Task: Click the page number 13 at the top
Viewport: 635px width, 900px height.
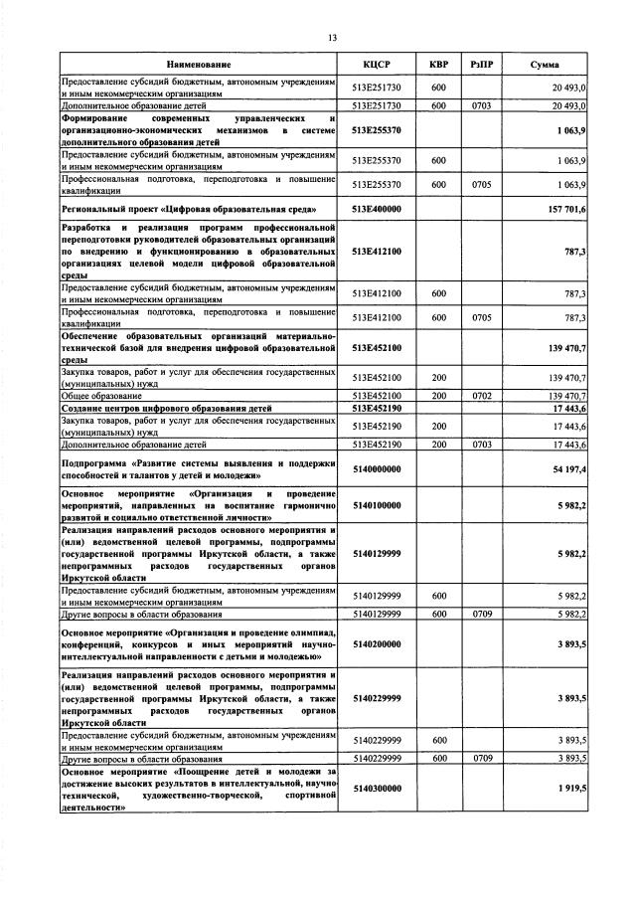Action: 332,38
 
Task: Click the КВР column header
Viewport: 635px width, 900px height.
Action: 438,64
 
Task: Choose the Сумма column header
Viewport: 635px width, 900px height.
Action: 544,64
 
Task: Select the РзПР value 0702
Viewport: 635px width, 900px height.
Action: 482,395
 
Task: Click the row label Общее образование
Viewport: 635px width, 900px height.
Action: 102,395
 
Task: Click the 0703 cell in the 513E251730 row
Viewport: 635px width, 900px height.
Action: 482,103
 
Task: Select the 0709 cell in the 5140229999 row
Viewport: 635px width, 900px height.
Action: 482,758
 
